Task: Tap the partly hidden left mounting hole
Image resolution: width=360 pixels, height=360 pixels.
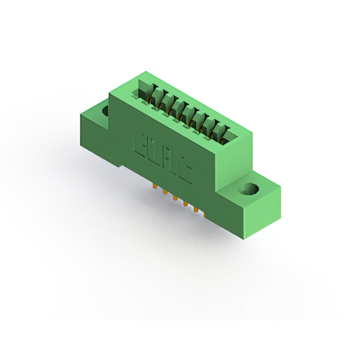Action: [105, 111]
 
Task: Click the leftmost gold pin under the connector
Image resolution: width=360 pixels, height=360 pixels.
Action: [154, 186]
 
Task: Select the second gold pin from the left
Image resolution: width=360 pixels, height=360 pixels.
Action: [164, 193]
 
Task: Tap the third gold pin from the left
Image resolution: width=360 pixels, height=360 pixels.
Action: [174, 199]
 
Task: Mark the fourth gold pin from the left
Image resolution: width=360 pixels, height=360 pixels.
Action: [185, 205]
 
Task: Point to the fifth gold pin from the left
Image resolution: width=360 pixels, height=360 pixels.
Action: [196, 211]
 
